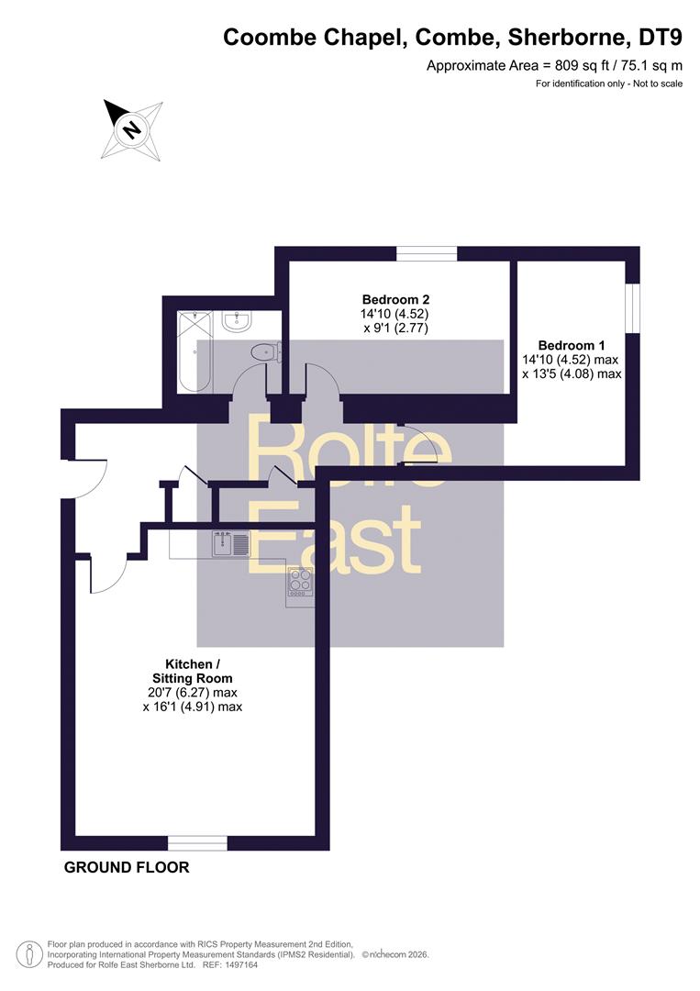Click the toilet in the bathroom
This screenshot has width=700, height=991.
click(x=265, y=352)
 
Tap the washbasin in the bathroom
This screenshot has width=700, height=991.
click(x=237, y=321)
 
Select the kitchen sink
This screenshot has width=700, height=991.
click(x=231, y=543)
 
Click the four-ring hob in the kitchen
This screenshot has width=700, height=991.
click(x=301, y=582)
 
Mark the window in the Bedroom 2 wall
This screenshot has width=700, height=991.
click(x=428, y=253)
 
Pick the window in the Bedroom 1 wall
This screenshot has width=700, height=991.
click(x=632, y=307)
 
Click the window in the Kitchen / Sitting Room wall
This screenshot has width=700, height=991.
click(x=198, y=843)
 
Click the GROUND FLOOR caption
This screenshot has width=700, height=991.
click(x=127, y=867)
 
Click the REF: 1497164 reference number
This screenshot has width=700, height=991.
click(x=230, y=965)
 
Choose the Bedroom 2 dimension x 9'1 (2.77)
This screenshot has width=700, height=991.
click(x=395, y=328)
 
